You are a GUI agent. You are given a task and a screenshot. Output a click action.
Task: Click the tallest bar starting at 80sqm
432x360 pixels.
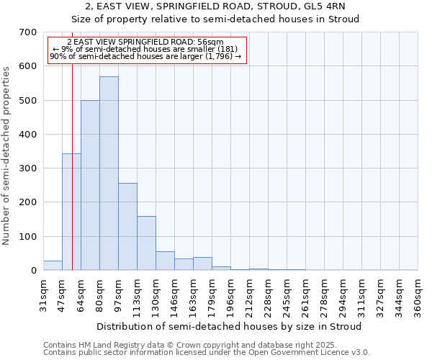tap(109, 173)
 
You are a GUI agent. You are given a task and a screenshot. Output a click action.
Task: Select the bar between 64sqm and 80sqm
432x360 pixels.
tap(90, 185)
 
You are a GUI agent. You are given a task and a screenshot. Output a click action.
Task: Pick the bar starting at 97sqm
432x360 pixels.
tap(127, 227)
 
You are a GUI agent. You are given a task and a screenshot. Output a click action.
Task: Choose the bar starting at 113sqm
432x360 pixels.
tap(146, 243)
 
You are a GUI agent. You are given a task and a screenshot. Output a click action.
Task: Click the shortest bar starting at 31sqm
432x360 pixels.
tap(53, 266)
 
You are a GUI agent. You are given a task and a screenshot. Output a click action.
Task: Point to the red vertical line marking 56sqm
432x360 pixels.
tap(73, 166)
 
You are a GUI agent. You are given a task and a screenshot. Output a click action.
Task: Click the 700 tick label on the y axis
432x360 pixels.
tap(27, 32)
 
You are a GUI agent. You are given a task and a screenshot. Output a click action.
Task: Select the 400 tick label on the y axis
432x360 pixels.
tap(27, 135)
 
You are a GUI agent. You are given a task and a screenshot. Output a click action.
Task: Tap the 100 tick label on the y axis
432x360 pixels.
tap(27, 237)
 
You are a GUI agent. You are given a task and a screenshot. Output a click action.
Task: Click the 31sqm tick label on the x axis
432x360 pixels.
tap(43, 295)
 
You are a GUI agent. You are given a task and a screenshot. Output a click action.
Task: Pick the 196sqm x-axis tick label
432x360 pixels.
tap(230, 297)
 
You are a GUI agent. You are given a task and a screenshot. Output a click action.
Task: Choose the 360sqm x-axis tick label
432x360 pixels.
tap(418, 297)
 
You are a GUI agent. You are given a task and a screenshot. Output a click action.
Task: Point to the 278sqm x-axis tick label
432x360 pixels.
tap(324, 297)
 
